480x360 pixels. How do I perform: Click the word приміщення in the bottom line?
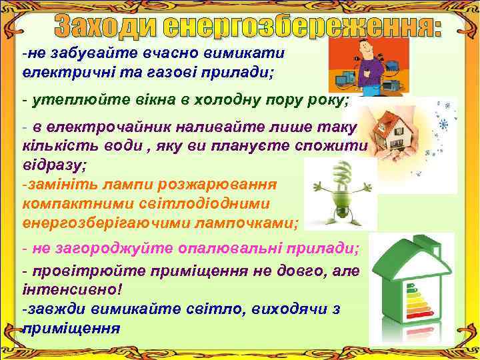[x=72, y=328]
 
